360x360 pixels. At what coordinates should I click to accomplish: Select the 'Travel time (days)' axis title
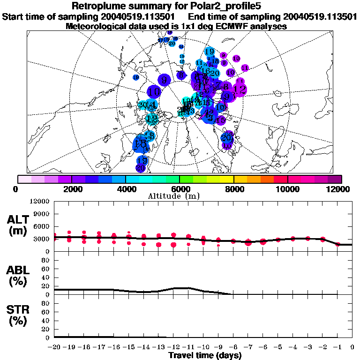[x=205, y=356]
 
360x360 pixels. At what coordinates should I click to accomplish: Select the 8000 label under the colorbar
[x=233, y=189]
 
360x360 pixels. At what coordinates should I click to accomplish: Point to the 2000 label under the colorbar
[x=71, y=189]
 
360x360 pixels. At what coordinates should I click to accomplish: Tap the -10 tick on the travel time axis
[x=203, y=347]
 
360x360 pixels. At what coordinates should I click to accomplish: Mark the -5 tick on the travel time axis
[x=278, y=347]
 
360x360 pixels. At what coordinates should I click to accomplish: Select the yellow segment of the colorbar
[x=226, y=179]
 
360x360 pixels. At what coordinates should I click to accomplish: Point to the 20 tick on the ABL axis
[x=46, y=286]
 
